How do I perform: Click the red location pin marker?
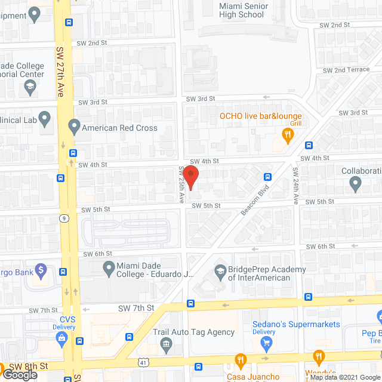coord(190,178)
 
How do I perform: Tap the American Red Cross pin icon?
coord(74,127)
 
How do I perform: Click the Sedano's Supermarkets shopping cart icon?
coord(266,343)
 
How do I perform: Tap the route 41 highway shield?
coord(143,362)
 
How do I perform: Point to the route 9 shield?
coord(63,218)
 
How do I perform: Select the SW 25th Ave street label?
coord(180,184)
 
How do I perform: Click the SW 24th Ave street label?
coord(295,186)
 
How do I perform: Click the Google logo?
coord(19,374)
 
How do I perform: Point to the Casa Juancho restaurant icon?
coord(241,360)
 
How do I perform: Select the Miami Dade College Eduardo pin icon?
coord(109,270)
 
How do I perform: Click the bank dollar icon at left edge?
coord(41,270)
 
